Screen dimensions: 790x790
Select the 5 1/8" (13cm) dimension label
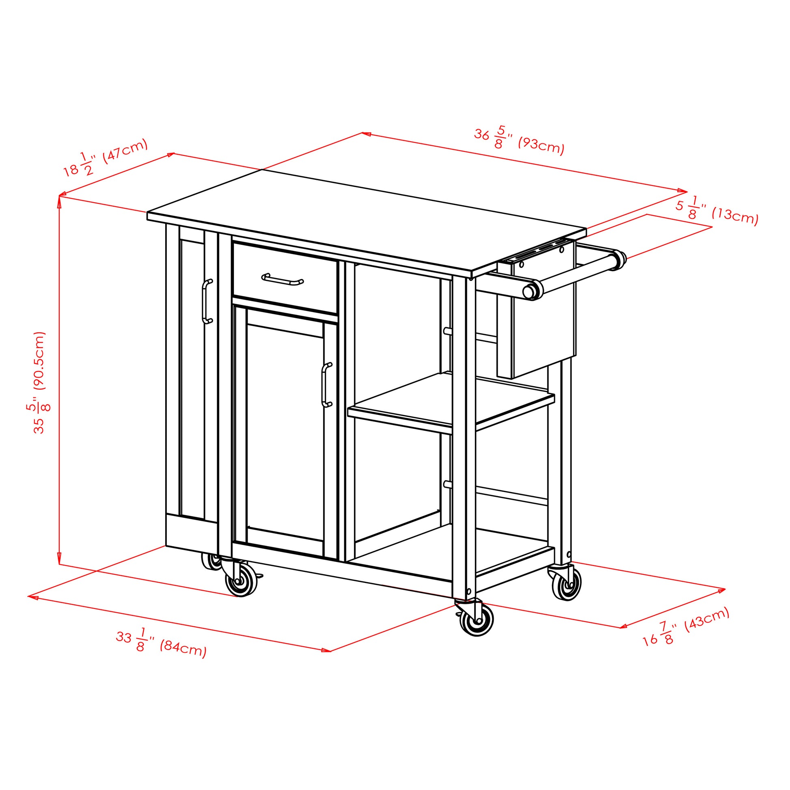pyautogui.click(x=717, y=211)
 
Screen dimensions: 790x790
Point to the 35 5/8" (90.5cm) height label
pyautogui.click(x=39, y=382)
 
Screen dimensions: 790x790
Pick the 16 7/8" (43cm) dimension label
pyautogui.click(x=686, y=626)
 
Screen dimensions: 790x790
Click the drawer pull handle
pyautogui.click(x=282, y=279)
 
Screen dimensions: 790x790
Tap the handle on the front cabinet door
pyautogui.click(x=326, y=385)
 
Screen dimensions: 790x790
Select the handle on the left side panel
pyautogui.click(x=207, y=301)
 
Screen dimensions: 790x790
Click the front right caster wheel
pyautogui.click(x=476, y=620)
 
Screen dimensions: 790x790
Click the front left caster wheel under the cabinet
pyautogui.click(x=241, y=580)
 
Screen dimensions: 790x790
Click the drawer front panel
pyautogui.click(x=285, y=278)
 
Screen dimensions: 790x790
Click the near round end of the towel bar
pyautogui.click(x=530, y=291)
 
